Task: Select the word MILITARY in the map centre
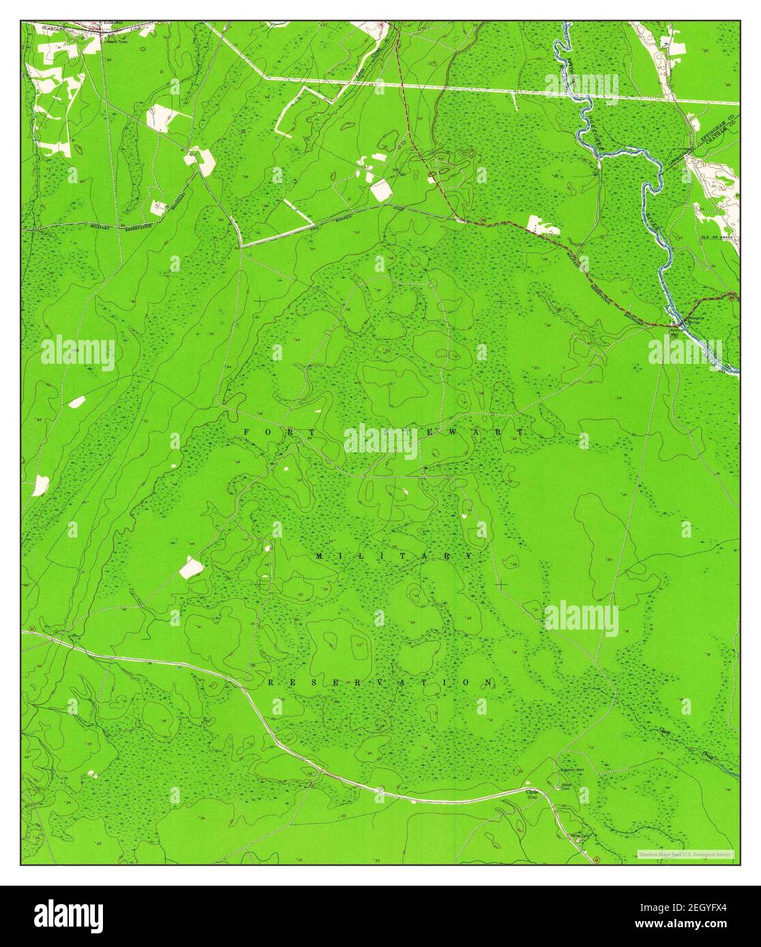(394, 556)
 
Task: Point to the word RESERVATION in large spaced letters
(380, 682)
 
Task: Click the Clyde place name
(531, 792)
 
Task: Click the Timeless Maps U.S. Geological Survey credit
(685, 854)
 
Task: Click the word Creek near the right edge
(709, 754)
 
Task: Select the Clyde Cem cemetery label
(566, 786)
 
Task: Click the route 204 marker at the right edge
(731, 295)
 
